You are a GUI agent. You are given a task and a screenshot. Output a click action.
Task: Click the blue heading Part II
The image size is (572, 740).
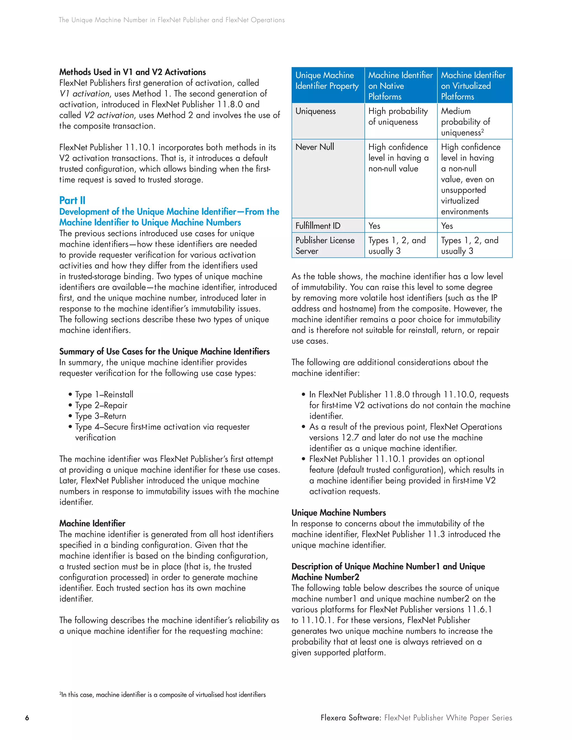pos(72,200)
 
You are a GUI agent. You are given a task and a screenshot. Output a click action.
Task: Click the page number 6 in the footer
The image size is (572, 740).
pos(27,718)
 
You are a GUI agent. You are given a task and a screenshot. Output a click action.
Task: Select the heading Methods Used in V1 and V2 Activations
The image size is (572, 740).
pos(132,72)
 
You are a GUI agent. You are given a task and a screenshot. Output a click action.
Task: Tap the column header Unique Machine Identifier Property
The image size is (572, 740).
pos(327,81)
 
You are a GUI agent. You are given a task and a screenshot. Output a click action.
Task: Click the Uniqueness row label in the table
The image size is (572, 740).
pos(316,111)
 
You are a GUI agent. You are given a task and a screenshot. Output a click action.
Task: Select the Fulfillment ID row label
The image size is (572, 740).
pos(318,226)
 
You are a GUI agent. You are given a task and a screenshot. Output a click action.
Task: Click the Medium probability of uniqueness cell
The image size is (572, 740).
pos(466,122)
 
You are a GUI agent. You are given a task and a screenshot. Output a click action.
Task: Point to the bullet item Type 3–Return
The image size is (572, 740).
pos(100,416)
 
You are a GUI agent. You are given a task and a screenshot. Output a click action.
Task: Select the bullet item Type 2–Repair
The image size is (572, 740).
pos(101,405)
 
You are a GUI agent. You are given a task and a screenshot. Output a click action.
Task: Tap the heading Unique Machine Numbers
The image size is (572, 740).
pos(339,512)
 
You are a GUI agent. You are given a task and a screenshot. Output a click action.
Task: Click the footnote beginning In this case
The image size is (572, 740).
pos(163,694)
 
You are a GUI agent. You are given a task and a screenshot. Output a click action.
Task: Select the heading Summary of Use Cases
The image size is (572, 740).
pos(164,351)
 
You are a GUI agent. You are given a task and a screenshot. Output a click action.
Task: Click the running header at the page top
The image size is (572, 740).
pos(171,20)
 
